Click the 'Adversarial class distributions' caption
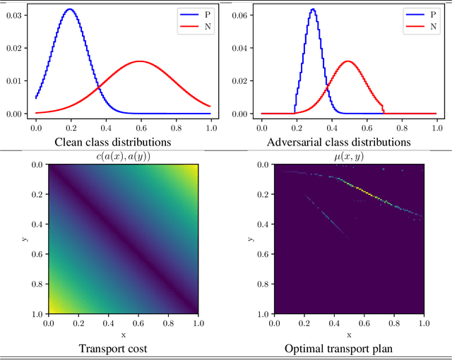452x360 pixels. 338,142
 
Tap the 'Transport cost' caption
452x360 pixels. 123,348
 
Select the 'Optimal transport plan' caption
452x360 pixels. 348,348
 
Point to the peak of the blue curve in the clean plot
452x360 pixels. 69,9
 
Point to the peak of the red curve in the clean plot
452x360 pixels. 140,61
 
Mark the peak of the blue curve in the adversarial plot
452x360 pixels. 312,9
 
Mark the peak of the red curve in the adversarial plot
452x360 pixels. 347,61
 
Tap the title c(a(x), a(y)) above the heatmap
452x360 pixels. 123,156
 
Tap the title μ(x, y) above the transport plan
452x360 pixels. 348,156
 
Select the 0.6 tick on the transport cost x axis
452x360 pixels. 138,322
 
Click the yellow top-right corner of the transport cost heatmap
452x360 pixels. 193,169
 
